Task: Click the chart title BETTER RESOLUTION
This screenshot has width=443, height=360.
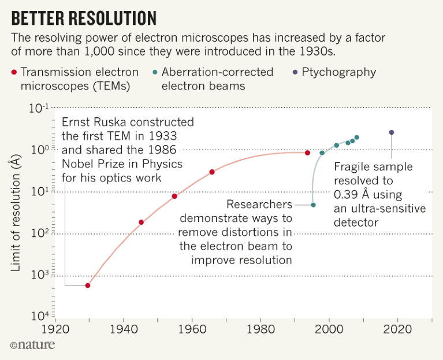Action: pos(84,18)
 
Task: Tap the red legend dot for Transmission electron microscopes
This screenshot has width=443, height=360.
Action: pos(14,73)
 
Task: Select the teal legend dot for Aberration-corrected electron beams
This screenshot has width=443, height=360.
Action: pos(155,73)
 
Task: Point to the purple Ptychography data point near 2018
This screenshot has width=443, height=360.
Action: pos(392,132)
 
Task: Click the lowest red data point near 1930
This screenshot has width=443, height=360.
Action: pos(88,285)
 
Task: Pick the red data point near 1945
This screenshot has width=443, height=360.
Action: pos(141,222)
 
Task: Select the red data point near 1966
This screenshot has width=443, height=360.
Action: pos(212,172)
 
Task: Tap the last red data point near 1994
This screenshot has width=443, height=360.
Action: pos(307,153)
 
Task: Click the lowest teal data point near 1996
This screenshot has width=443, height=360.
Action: pos(313,205)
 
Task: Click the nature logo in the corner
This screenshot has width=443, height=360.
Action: pos(32,345)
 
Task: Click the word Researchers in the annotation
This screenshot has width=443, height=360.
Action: pos(259,205)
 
